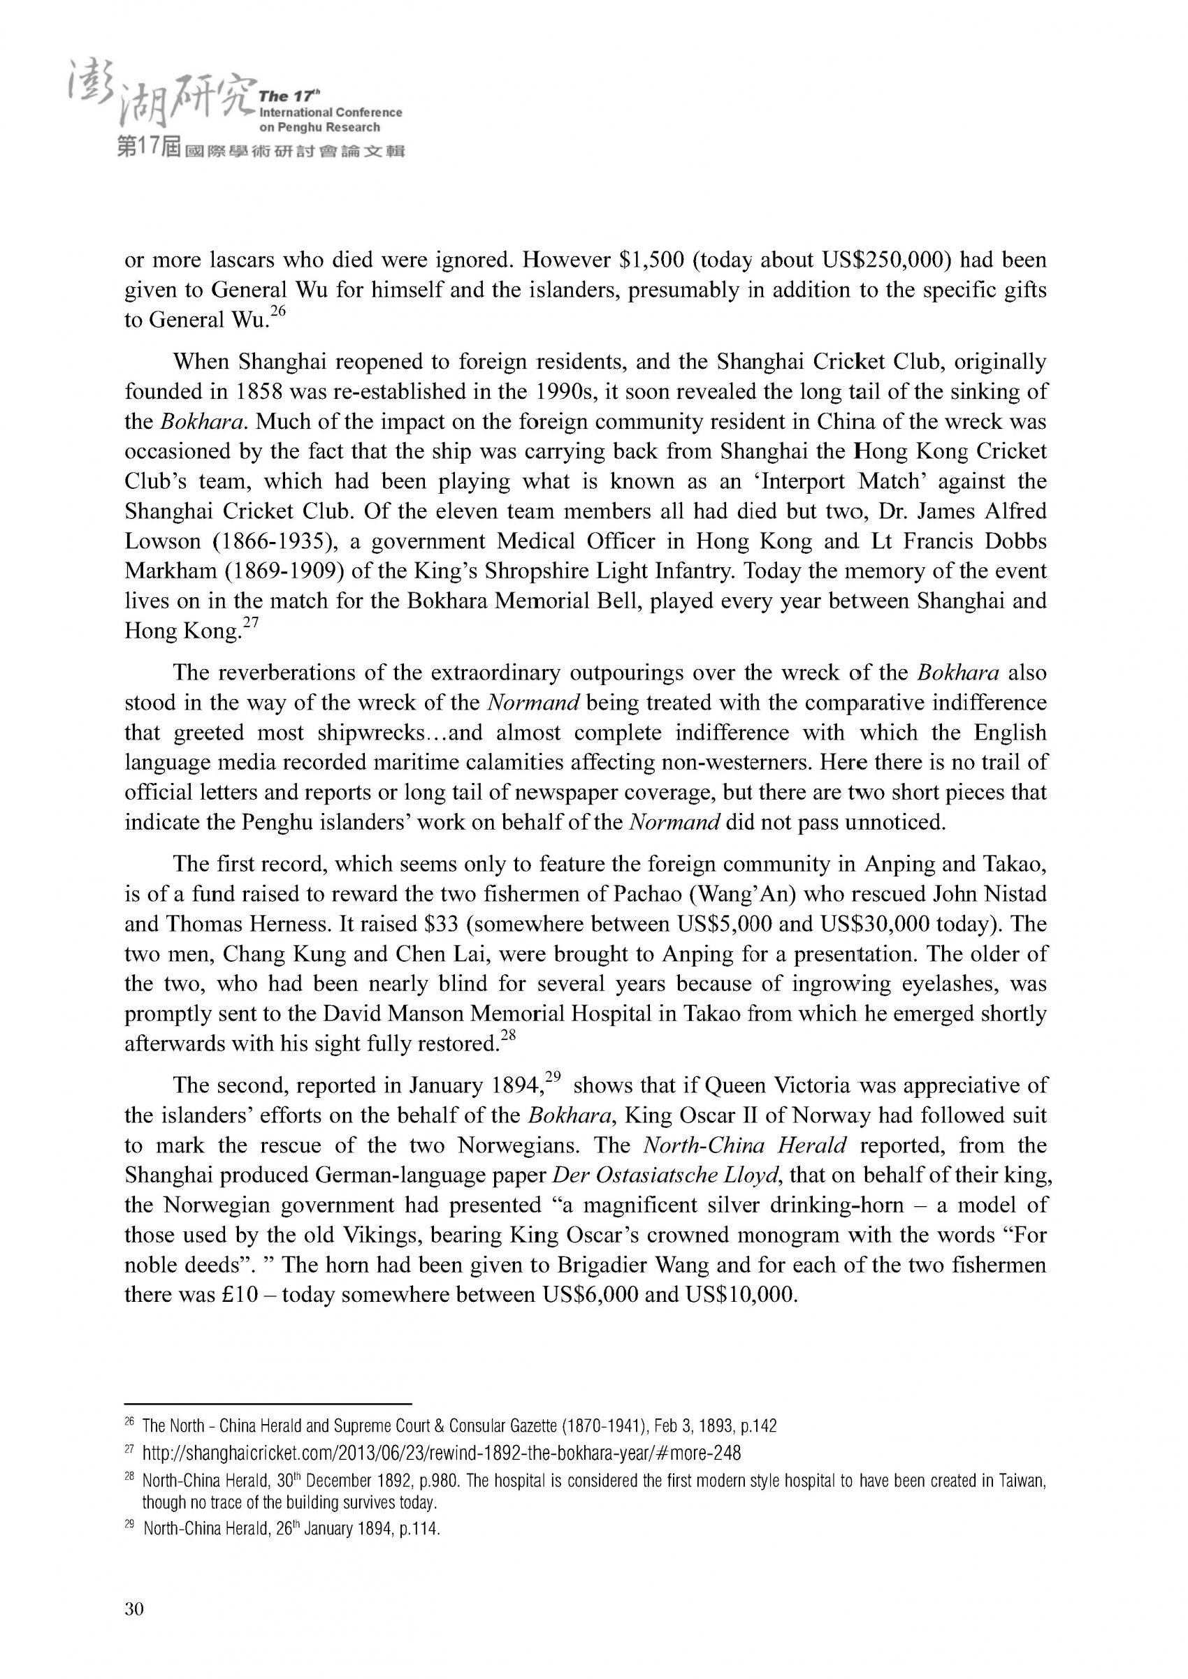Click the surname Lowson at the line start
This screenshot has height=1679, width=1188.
(162, 542)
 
